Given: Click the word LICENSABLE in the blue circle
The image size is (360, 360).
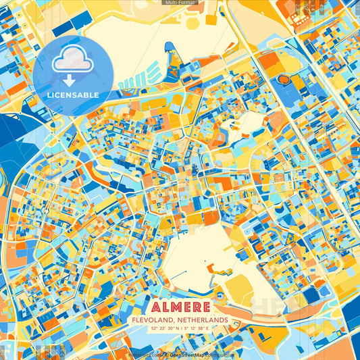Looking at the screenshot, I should click(72, 94).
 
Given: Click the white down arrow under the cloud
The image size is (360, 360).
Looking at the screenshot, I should click(70, 78).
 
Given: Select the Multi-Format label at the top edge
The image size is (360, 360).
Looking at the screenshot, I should click(180, 3).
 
